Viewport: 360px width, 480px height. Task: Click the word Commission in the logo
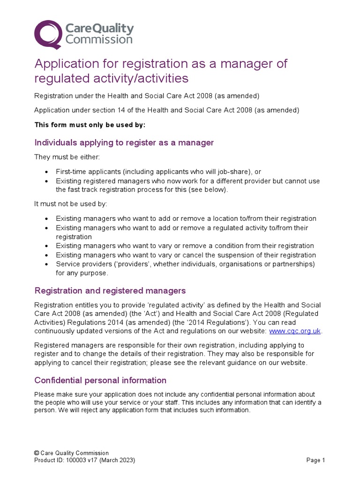click(x=99, y=40)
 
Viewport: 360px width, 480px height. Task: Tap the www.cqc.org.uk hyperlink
click(x=295, y=331)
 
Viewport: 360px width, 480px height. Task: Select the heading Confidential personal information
click(x=100, y=380)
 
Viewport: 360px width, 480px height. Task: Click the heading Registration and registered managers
click(x=110, y=291)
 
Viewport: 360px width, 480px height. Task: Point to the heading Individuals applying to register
click(x=124, y=142)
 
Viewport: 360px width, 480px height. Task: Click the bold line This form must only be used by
click(x=90, y=125)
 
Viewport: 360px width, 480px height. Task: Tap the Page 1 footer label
click(x=315, y=460)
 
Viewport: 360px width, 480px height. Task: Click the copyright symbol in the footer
click(x=37, y=453)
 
